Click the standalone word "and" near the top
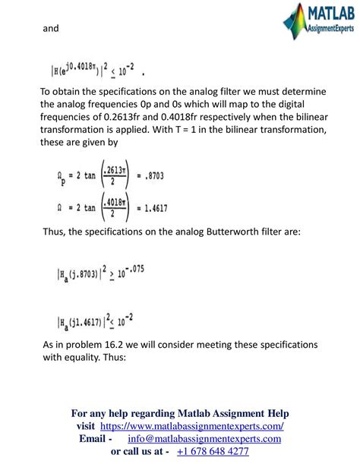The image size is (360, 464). (x=50, y=29)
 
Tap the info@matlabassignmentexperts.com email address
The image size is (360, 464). (x=205, y=439)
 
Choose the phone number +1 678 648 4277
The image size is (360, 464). (x=212, y=451)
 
